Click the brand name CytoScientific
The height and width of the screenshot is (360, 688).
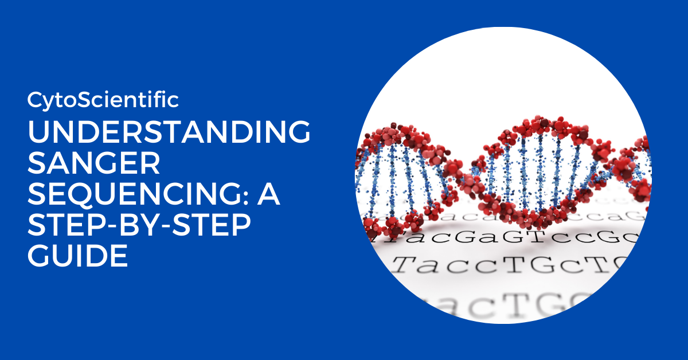pos(103,100)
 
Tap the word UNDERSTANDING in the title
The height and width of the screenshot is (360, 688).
pos(169,134)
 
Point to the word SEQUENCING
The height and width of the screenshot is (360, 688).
pos(132,195)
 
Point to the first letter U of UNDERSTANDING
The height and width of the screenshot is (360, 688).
pos(38,134)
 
